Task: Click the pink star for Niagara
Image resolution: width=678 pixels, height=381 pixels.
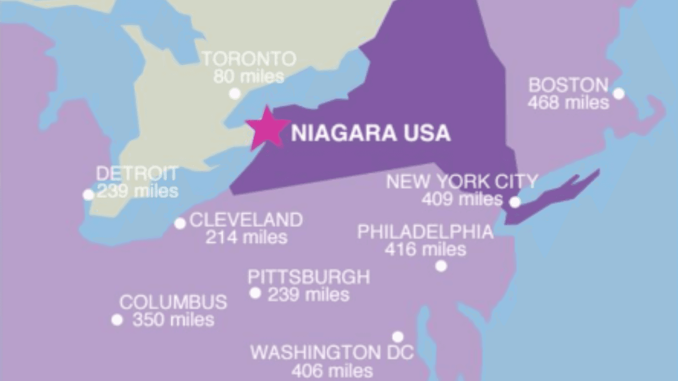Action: pyautogui.click(x=267, y=128)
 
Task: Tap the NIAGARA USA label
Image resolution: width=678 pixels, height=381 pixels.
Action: pyautogui.click(x=371, y=133)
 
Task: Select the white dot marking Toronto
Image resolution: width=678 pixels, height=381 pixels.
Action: pyautogui.click(x=235, y=94)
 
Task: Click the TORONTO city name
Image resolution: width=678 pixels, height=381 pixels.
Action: pyautogui.click(x=249, y=59)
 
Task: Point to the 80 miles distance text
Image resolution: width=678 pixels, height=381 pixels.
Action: pyautogui.click(x=249, y=77)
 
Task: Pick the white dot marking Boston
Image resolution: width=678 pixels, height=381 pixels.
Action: pyautogui.click(x=618, y=94)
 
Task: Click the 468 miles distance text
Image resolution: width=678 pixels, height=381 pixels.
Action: pyautogui.click(x=568, y=102)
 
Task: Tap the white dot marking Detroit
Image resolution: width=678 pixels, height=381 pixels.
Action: pyautogui.click(x=88, y=195)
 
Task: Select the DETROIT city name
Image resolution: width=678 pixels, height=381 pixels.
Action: pyautogui.click(x=137, y=174)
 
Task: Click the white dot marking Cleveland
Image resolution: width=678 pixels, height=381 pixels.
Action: pyautogui.click(x=180, y=223)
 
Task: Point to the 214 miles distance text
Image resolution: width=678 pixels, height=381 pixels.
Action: pyautogui.click(x=246, y=237)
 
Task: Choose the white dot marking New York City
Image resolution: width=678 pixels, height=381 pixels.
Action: pyautogui.click(x=515, y=202)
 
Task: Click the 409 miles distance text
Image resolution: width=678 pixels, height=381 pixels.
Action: pyautogui.click(x=462, y=199)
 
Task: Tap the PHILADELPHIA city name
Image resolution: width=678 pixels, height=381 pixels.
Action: pyautogui.click(x=425, y=232)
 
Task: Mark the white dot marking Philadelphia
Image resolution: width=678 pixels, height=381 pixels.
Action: pyautogui.click(x=441, y=266)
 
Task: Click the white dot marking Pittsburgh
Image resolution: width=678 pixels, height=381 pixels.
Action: pyautogui.click(x=255, y=293)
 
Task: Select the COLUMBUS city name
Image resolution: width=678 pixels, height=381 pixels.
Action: pyautogui.click(x=173, y=303)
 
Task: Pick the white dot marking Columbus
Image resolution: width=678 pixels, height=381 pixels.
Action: pyautogui.click(x=117, y=320)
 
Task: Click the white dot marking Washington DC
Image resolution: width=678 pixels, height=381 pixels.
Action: pyautogui.click(x=398, y=337)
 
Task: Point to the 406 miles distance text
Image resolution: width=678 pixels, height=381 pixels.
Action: pyautogui.click(x=332, y=370)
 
